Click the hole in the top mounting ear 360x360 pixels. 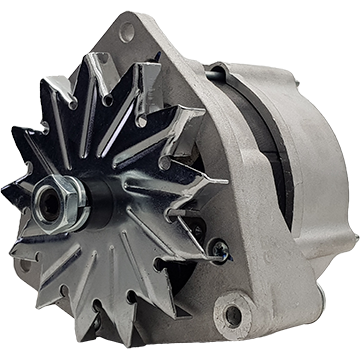click(x=127, y=33)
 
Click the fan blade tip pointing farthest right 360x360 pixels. click(x=224, y=181)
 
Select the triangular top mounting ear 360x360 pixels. click(x=140, y=45)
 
